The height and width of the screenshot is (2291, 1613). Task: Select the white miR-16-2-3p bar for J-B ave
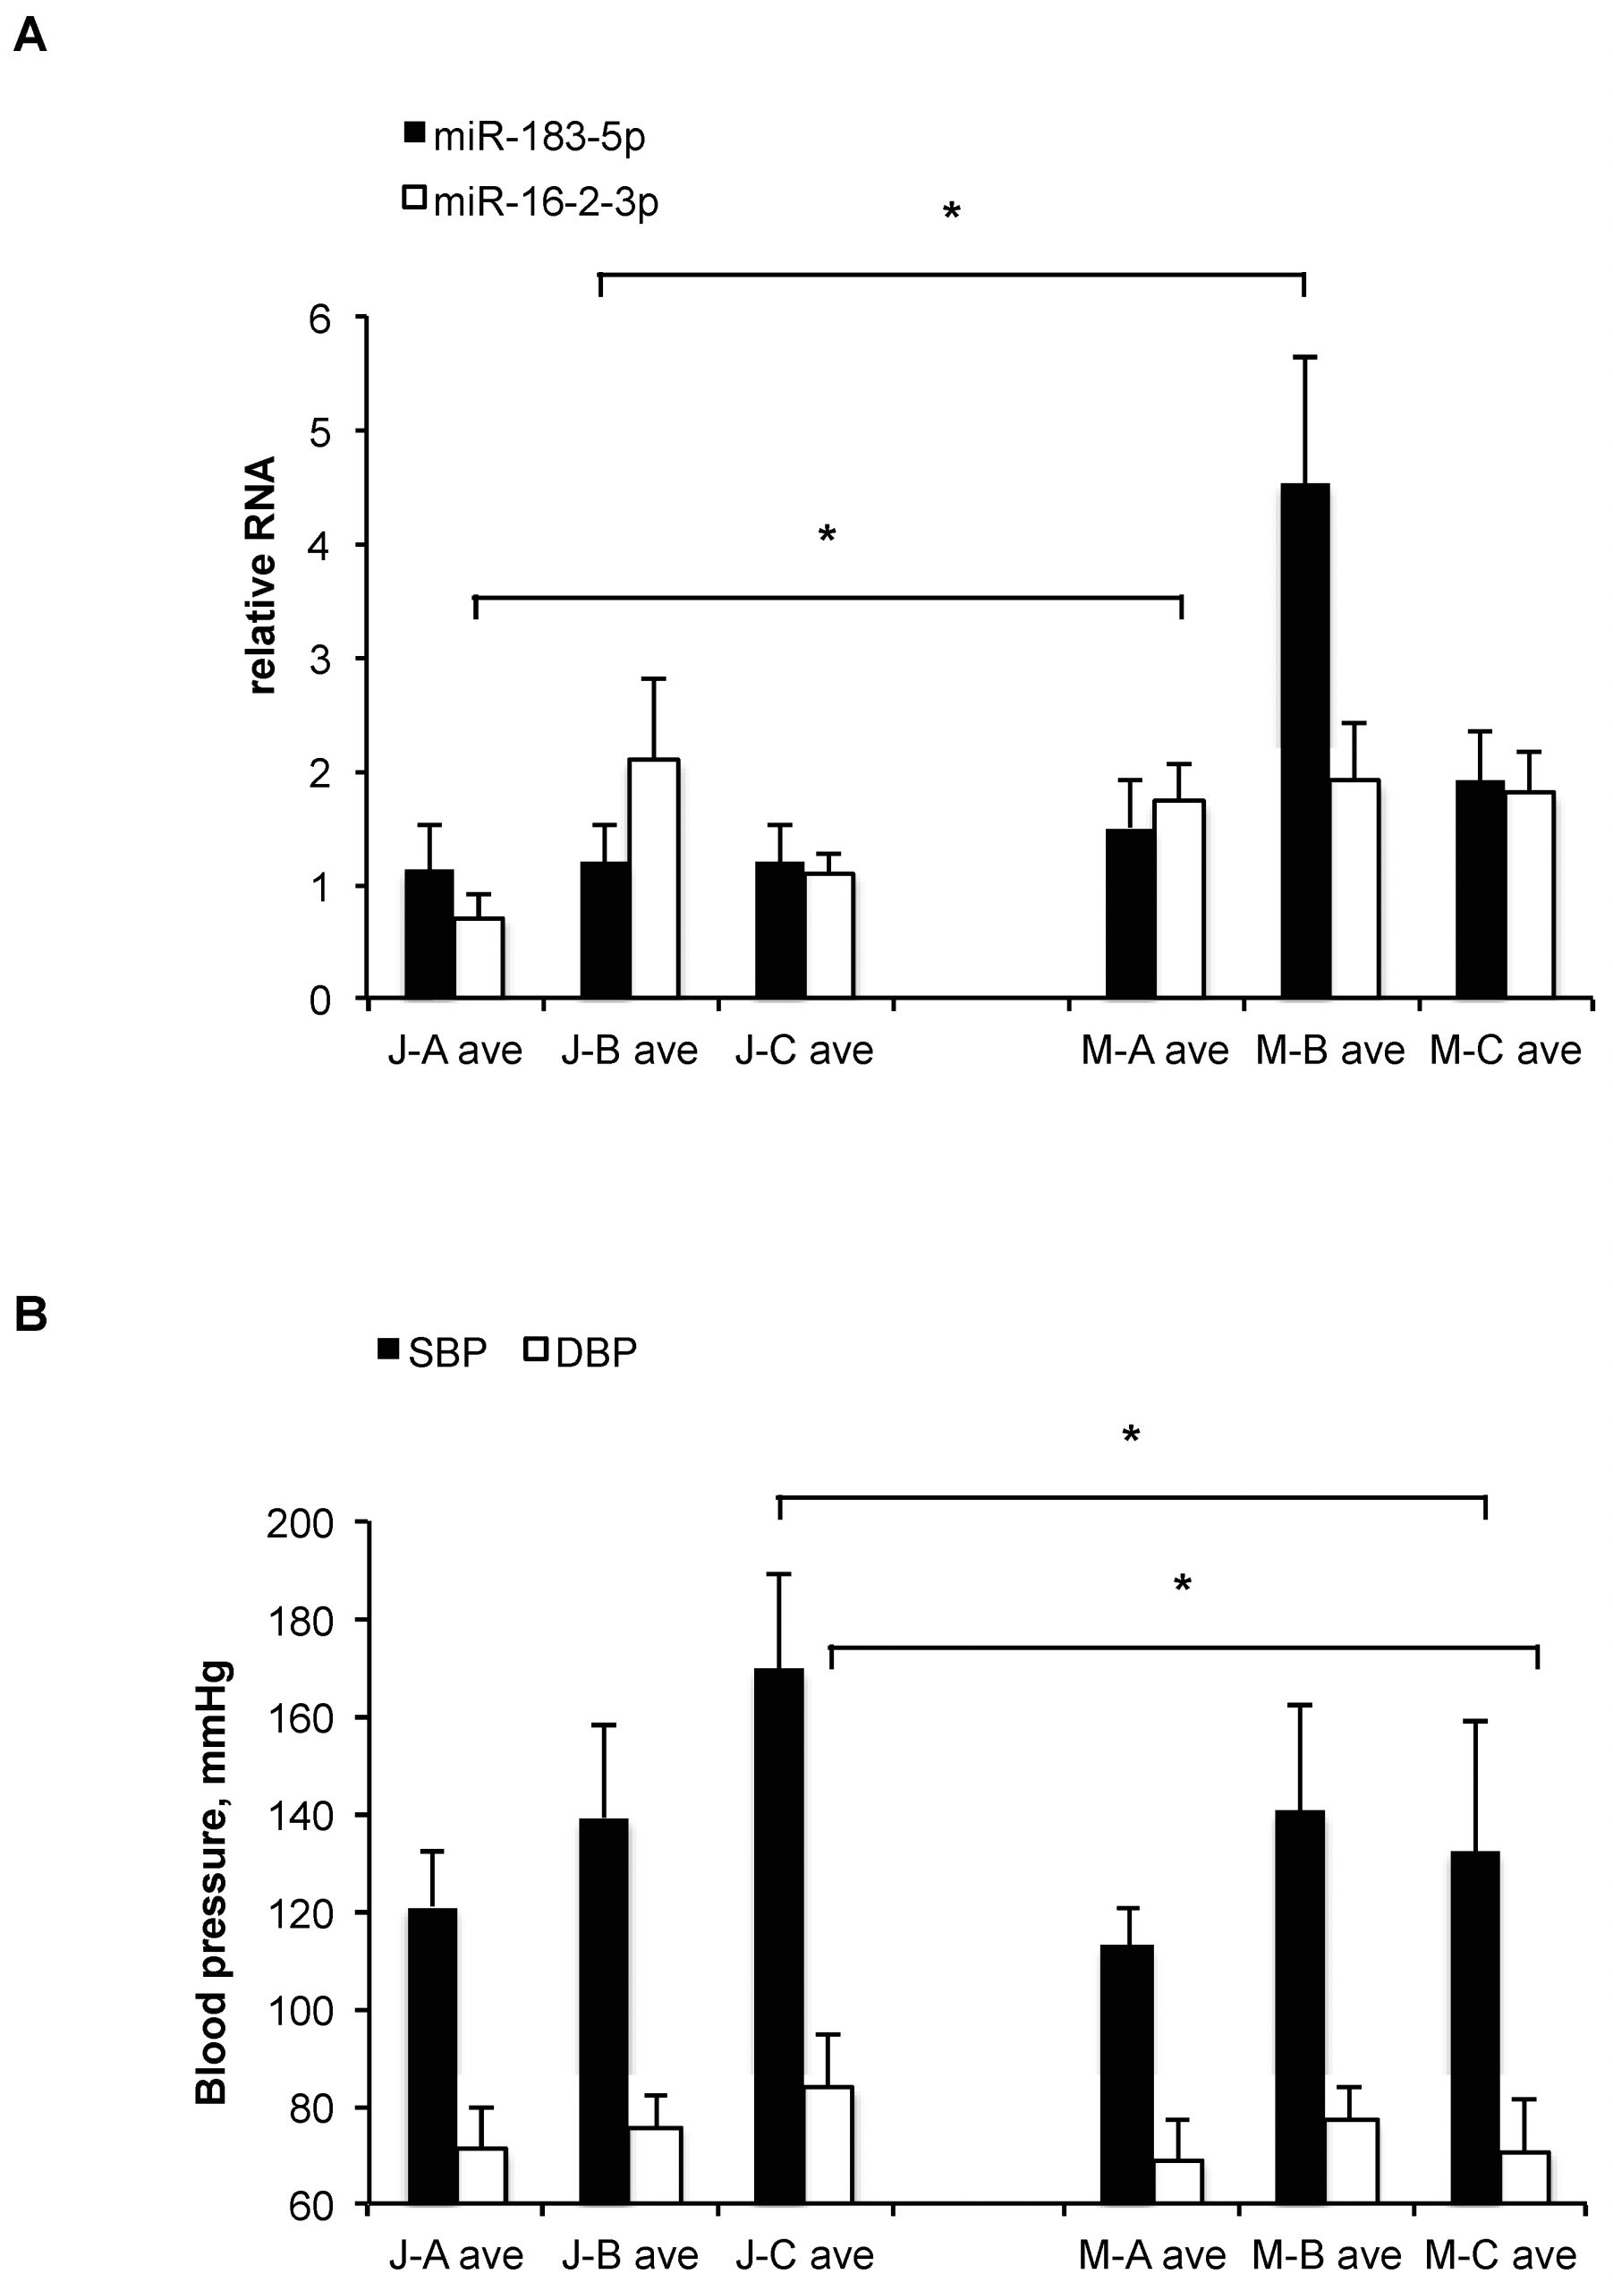click(x=653, y=878)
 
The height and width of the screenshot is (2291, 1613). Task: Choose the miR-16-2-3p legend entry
click(x=531, y=201)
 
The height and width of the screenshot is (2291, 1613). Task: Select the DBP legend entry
click(x=582, y=1351)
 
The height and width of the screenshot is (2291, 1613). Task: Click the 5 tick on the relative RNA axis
click(x=320, y=431)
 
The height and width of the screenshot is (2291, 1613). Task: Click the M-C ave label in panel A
click(x=1506, y=1050)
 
